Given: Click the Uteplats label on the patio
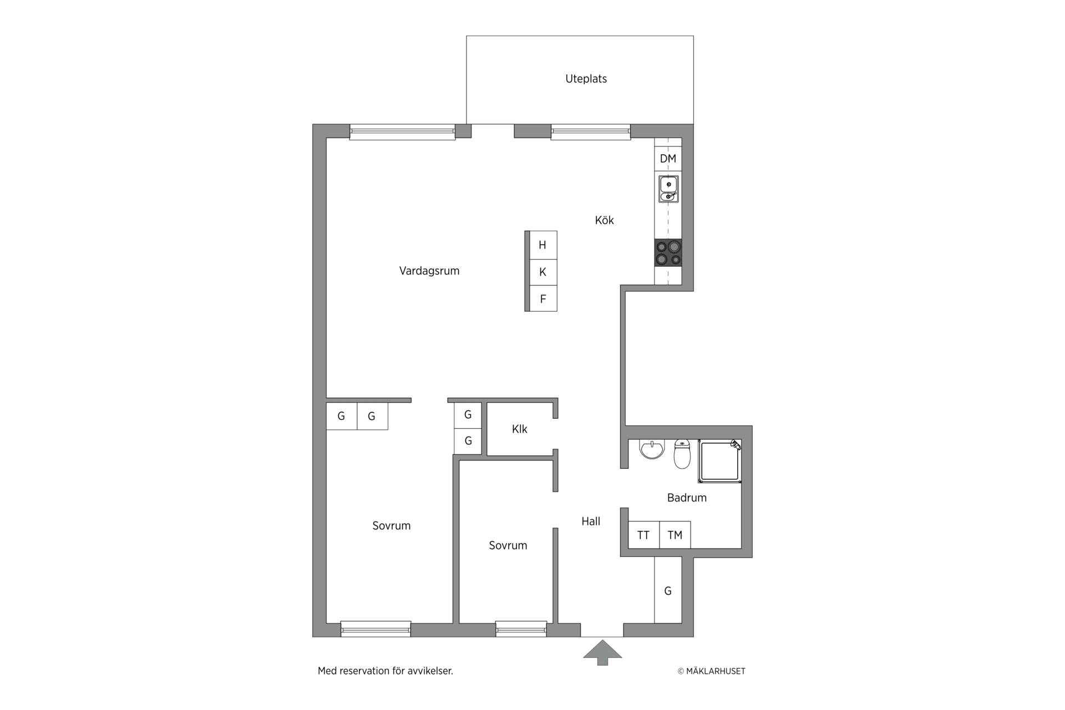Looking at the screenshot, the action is (x=586, y=79).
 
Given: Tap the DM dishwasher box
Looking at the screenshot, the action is (x=668, y=159).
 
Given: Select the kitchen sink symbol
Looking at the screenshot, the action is (x=668, y=189).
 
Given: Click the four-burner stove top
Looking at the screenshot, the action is (x=668, y=253).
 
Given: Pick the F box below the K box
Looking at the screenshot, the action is (x=543, y=299).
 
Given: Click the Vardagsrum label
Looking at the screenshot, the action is (x=429, y=271).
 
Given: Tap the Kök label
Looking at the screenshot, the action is (x=604, y=220).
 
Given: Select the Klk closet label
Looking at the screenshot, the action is (x=519, y=429).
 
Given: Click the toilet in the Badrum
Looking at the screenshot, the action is (x=682, y=454).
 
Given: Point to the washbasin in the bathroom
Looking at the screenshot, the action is (x=652, y=449).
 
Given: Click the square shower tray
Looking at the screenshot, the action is (x=720, y=461).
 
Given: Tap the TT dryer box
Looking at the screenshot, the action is (x=643, y=535).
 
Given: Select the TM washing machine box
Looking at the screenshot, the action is (x=675, y=535).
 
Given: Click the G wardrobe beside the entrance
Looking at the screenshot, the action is (x=668, y=590).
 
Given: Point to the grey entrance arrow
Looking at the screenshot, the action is (x=602, y=653).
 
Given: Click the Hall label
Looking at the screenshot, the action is (x=591, y=521).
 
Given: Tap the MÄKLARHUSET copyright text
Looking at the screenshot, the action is (x=712, y=671).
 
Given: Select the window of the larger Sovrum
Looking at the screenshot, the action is (x=376, y=629).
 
